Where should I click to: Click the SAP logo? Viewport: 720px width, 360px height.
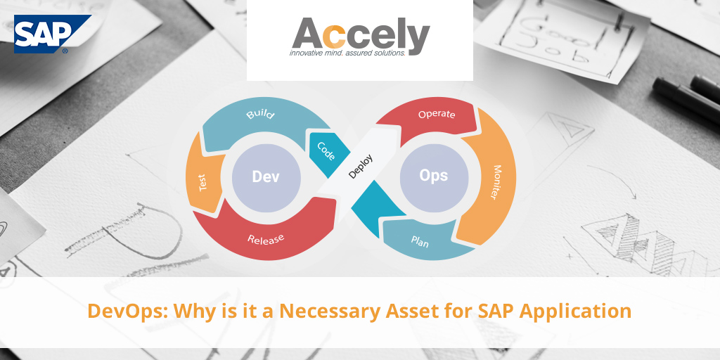52,34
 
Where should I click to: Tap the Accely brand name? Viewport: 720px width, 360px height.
361,34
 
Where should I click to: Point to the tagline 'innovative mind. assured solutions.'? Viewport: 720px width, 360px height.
347,53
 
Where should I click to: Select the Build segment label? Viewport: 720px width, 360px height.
260,113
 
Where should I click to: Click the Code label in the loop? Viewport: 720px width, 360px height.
326,151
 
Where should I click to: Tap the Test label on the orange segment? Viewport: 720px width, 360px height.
203,182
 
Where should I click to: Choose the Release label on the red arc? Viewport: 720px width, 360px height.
266,239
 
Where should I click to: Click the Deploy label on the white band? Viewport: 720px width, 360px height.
361,166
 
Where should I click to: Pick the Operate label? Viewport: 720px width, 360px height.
437,114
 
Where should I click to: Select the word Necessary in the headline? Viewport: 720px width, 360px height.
330,311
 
